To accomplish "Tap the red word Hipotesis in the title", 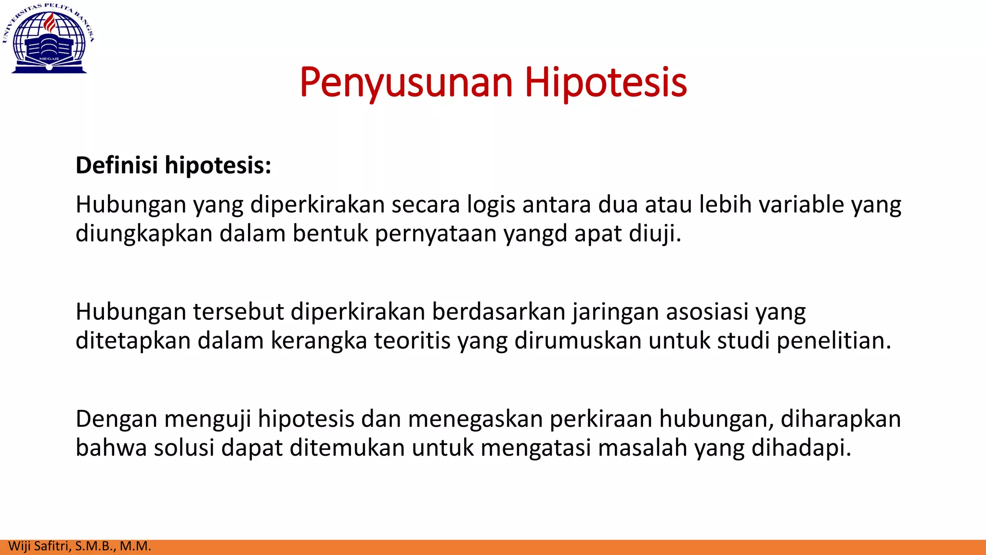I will pos(606,83).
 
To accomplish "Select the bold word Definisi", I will pos(117,165).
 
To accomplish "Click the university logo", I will pos(48,39).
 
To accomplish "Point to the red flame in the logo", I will pos(50,22).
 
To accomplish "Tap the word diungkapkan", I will pos(144,233).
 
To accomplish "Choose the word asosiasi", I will pos(707,312).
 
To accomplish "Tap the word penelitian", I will pos(833,341).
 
